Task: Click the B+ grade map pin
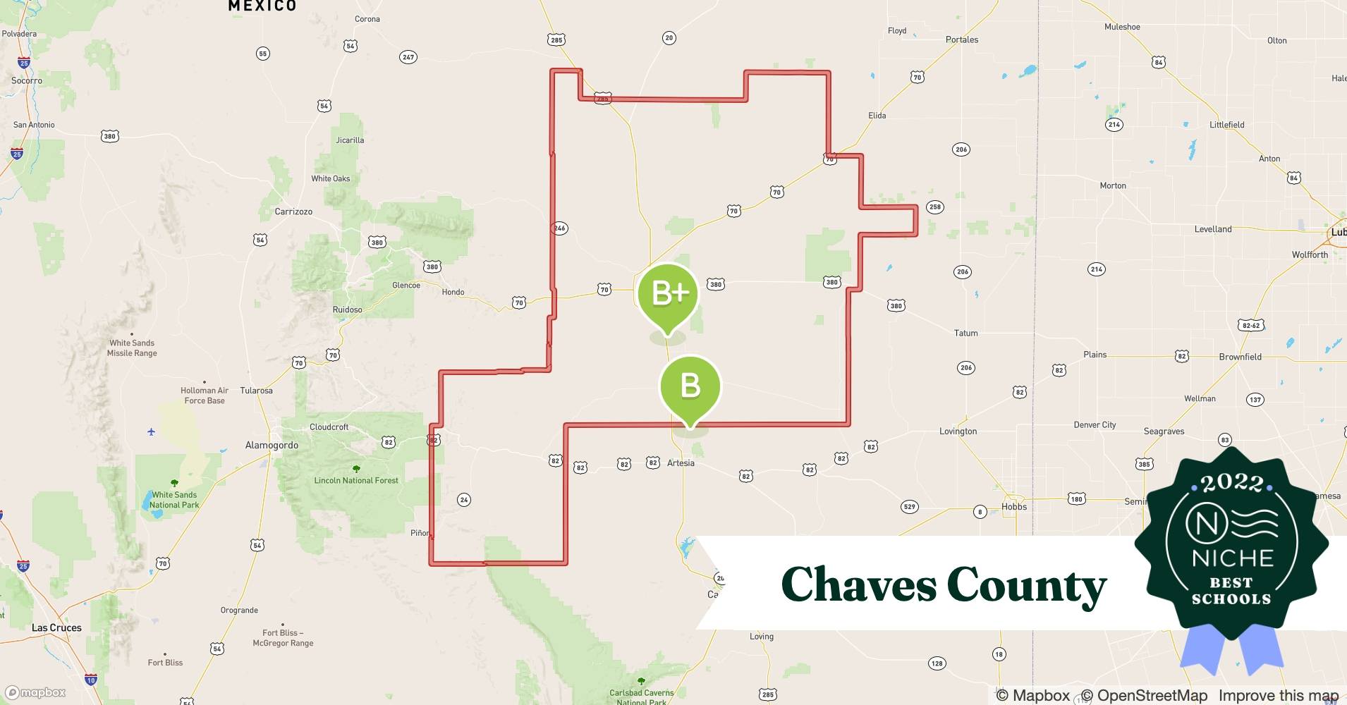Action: pos(667,294)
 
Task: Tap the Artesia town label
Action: pos(681,463)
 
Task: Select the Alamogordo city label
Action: pos(272,446)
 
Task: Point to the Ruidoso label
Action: pos(347,309)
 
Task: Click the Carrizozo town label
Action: pos(293,211)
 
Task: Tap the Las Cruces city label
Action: pos(56,627)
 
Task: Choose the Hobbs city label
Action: pos(1014,507)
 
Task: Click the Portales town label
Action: pos(962,39)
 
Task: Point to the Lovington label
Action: pos(958,431)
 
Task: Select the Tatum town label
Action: pos(965,333)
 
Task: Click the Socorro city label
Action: pos(27,80)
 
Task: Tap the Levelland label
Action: pos(1213,229)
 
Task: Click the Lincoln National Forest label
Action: pos(356,481)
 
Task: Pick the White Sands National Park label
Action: pos(174,500)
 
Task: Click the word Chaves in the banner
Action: pos(858,585)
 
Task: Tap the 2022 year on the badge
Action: pos(1232,483)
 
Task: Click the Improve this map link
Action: pos(1278,696)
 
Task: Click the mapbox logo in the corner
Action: pos(37,693)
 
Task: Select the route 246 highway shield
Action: pos(559,228)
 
